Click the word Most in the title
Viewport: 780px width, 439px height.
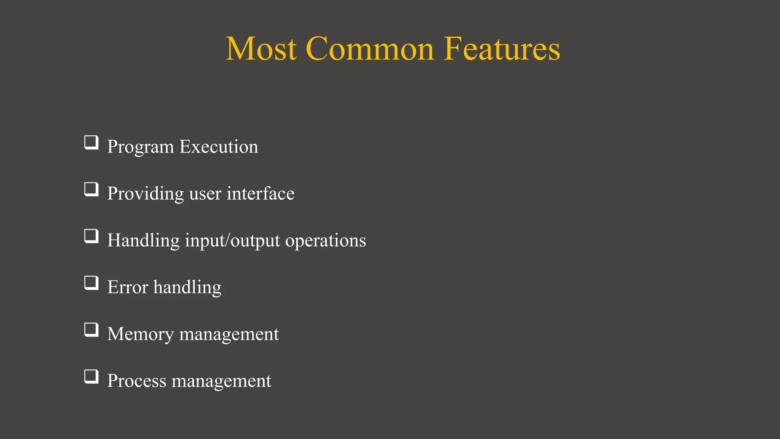[x=261, y=49]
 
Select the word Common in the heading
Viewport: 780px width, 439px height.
[x=369, y=49]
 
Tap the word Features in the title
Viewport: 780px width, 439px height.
[x=502, y=49]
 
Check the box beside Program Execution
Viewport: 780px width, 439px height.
[x=91, y=143]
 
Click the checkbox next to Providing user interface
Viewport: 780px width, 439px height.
[x=91, y=190]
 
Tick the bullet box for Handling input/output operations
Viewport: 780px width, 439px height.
[x=91, y=237]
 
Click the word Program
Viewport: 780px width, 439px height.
[x=140, y=147]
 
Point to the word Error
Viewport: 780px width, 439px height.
[x=128, y=287]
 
